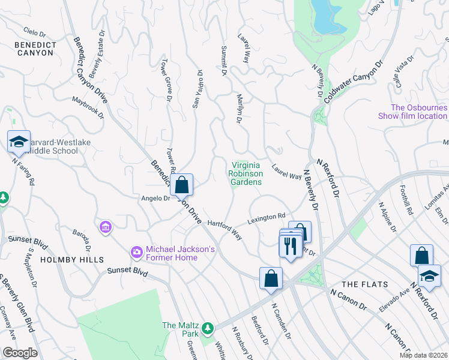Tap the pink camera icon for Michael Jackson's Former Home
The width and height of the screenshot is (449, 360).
137,251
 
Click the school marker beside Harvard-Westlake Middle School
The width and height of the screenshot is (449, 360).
19,143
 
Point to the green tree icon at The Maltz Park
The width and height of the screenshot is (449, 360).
208,328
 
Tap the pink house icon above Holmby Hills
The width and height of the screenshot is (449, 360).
106,227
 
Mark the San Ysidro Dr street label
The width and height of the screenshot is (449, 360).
197,89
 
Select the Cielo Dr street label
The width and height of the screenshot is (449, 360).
34,31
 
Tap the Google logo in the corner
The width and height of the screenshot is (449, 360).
20,353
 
